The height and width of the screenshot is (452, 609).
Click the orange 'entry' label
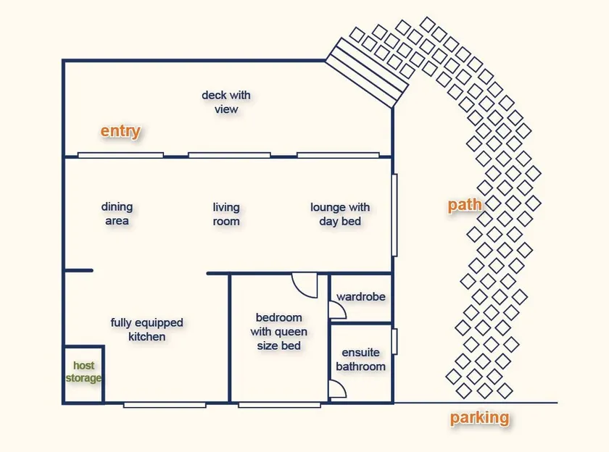pos(120,131)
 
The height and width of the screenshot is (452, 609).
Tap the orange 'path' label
pos(465,204)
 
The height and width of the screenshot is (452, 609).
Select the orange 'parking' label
pos(479,417)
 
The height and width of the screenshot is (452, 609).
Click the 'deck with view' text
pos(226,102)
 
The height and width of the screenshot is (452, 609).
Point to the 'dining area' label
pos(117,214)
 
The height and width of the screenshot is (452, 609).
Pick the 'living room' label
pos(226,214)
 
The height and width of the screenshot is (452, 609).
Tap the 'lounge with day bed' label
pos(340,214)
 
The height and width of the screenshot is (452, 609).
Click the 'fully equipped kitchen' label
pos(146,330)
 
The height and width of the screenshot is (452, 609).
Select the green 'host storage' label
pos(83,372)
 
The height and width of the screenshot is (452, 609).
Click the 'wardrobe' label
pos(361,297)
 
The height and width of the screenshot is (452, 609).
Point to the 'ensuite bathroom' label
pos(361,359)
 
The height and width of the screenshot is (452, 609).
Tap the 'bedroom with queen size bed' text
pos(279,331)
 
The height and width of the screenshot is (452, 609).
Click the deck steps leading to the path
pos(367,73)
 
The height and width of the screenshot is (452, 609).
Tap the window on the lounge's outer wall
pos(394,215)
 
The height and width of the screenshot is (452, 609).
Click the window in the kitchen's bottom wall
pos(165,405)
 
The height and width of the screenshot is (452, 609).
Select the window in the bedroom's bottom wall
pos(280,405)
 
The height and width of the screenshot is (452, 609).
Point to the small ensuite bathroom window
pos(394,341)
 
